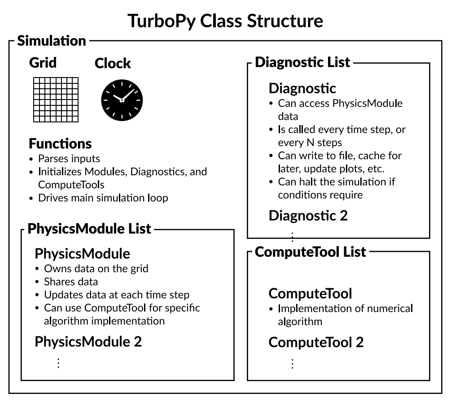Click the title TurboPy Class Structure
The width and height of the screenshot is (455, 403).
pyautogui.click(x=225, y=21)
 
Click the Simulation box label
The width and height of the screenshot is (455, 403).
pyautogui.click(x=51, y=41)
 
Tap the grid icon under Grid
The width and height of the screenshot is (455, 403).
pyautogui.click(x=56, y=100)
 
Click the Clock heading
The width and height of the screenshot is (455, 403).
pyautogui.click(x=113, y=64)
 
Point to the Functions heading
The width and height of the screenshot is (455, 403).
pyautogui.click(x=60, y=144)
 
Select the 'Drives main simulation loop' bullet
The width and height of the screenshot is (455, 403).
pyautogui.click(x=103, y=198)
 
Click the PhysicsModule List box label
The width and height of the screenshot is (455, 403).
pyautogui.click(x=89, y=229)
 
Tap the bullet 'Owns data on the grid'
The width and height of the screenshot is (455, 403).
pyautogui.click(x=96, y=269)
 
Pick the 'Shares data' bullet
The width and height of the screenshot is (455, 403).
pyautogui.click(x=70, y=282)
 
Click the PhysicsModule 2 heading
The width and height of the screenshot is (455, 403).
pyautogui.click(x=88, y=342)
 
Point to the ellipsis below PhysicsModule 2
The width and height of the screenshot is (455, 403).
pyautogui.click(x=58, y=363)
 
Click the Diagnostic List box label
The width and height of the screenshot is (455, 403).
pyautogui.click(x=302, y=62)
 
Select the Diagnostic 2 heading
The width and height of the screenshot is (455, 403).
pyautogui.click(x=308, y=216)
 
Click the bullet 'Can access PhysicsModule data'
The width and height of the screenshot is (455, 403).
pyautogui.click(x=340, y=110)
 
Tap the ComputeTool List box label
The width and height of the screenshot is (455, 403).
pyautogui.click(x=311, y=251)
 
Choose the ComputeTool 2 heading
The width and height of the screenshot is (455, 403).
pyautogui.click(x=316, y=342)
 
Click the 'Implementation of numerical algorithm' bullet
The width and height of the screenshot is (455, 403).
pyautogui.click(x=345, y=315)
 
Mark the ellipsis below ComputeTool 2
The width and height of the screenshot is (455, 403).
pyautogui.click(x=292, y=363)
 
